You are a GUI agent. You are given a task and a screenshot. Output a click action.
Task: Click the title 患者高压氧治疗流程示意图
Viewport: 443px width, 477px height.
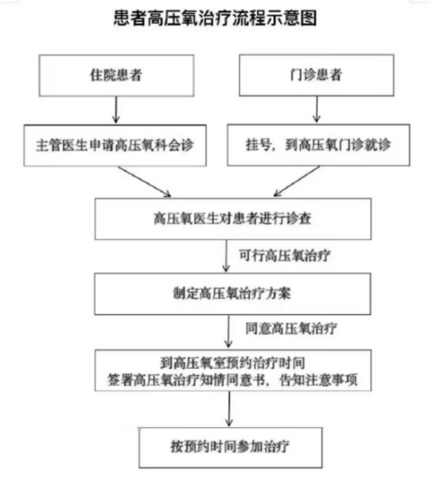tap(215, 18)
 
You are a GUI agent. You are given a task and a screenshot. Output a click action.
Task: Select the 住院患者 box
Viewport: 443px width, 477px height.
tap(116, 75)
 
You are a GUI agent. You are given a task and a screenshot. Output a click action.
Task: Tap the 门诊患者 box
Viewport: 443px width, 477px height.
tap(317, 75)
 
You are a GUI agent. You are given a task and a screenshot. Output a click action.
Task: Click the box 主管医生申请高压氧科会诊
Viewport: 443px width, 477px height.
tap(115, 145)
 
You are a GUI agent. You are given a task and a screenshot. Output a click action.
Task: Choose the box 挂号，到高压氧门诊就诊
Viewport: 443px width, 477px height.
tap(318, 145)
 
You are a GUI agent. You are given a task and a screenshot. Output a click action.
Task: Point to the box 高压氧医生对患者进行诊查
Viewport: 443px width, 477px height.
tap(233, 219)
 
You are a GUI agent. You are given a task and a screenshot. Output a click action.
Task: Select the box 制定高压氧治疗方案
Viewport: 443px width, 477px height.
tap(233, 294)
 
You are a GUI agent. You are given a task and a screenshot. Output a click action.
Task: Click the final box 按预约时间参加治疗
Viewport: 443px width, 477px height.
tap(230, 447)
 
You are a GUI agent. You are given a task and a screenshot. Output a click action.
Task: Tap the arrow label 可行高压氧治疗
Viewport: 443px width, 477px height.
tap(284, 255)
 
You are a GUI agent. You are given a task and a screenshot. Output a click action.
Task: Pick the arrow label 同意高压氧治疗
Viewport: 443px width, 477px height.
tap(291, 329)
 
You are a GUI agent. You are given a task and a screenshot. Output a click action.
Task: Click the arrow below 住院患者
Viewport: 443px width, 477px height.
tap(116, 110)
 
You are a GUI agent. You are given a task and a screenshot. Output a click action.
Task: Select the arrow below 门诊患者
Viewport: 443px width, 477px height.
tap(317, 109)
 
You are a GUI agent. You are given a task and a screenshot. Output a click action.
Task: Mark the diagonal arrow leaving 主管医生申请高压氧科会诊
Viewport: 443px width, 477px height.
tap(145, 182)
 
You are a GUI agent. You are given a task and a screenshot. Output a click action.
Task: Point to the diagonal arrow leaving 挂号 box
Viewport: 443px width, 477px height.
tap(297, 181)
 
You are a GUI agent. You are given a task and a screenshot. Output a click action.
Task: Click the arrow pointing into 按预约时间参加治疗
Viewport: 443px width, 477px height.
tap(229, 409)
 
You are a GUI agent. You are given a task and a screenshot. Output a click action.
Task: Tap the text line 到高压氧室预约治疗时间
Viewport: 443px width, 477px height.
tap(233, 363)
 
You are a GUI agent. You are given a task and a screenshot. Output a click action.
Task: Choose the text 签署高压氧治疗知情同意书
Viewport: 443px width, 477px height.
tap(186, 380)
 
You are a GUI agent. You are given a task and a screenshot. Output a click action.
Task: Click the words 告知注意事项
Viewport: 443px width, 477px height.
tap(318, 380)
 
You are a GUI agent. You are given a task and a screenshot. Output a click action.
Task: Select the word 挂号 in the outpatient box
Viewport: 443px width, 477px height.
tap(258, 145)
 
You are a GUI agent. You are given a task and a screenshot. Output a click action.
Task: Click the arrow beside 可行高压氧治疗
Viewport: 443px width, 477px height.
tap(226, 255)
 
